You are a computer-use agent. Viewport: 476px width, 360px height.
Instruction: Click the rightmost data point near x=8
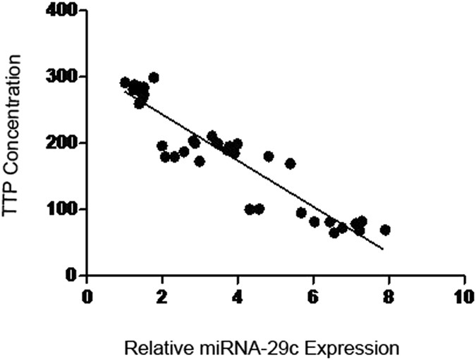pos(385,230)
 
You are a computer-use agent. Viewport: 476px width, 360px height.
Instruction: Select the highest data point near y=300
pos(154,77)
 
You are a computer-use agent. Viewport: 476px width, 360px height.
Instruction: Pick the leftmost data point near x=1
pos(125,82)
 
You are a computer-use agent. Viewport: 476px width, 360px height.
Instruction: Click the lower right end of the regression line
pos(383,249)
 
